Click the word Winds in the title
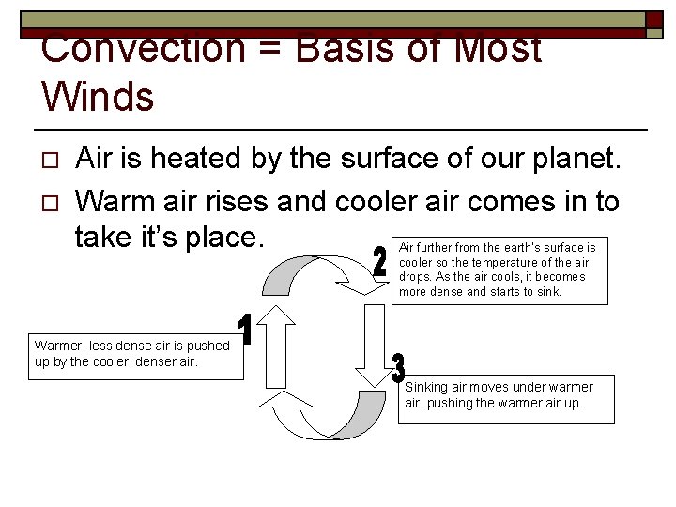point(98,96)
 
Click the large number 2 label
point(379,262)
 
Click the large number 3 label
point(398,370)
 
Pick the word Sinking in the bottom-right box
point(426,387)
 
